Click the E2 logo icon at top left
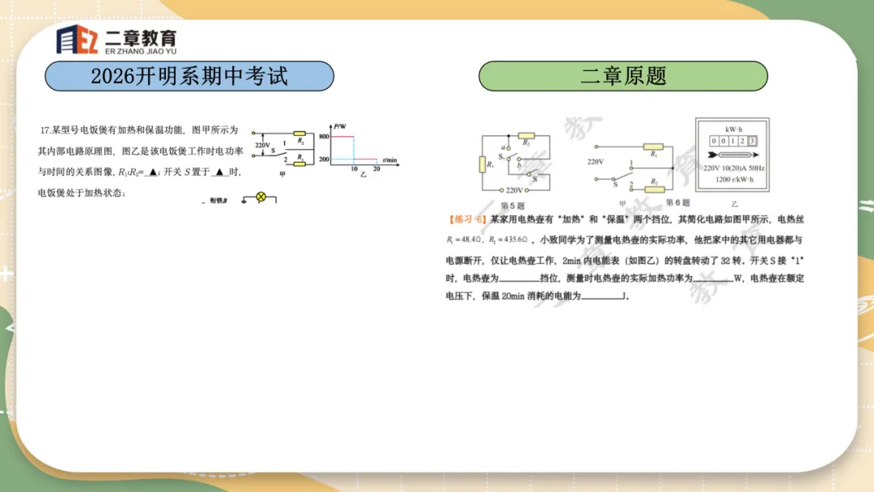77,39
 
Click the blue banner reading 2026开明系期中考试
189,76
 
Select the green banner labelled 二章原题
623,76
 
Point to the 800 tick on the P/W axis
324,137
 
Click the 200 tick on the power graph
324,160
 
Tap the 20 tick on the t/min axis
376,168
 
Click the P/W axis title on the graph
340,126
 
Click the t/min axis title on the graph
390,160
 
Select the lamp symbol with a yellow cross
261,197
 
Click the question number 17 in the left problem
45,129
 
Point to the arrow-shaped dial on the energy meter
732,154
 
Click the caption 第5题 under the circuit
514,206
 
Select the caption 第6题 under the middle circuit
677,202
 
